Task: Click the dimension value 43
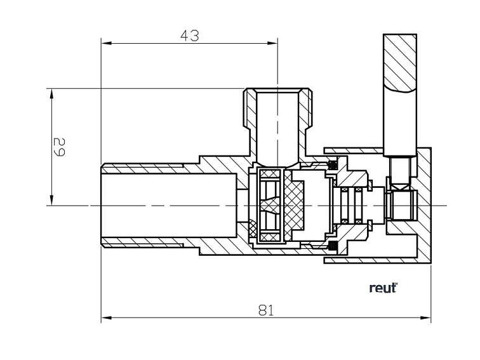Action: point(188,36)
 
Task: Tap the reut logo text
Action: point(383,288)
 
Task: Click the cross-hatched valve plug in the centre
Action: point(293,204)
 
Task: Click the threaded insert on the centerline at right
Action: point(400,204)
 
